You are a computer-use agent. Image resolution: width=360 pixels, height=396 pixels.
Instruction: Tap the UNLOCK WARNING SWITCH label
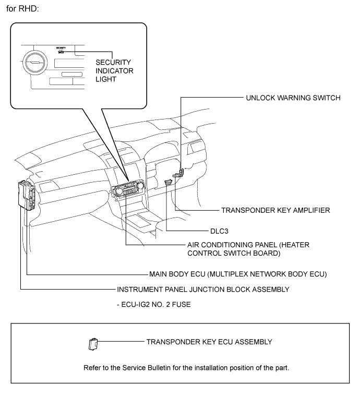coord(294,98)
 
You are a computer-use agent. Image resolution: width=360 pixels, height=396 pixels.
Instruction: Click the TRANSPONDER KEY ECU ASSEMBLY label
coord(209,342)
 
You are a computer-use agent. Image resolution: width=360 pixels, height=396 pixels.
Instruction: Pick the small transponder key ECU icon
coord(93,343)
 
